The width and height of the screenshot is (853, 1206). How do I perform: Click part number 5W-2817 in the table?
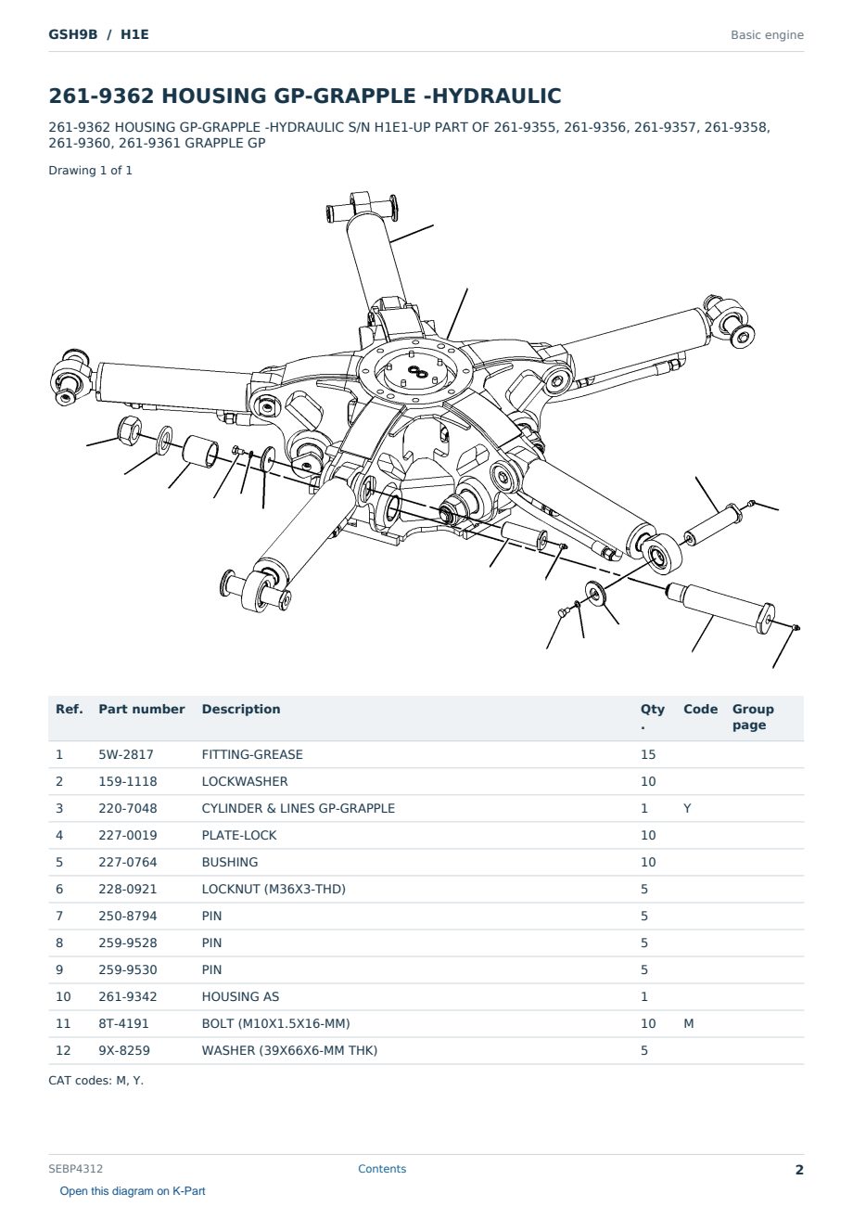(x=126, y=754)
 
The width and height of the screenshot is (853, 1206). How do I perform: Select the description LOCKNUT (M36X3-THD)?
(x=274, y=889)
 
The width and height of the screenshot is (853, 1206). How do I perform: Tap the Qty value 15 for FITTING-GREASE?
(x=648, y=754)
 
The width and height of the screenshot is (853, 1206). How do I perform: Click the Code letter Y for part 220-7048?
(x=687, y=808)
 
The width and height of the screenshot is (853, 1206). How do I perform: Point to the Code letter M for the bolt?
(x=688, y=1023)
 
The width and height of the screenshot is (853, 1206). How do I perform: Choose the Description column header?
(x=240, y=709)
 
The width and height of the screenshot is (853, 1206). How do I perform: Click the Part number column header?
(x=142, y=709)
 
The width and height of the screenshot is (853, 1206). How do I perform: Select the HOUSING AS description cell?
(x=240, y=996)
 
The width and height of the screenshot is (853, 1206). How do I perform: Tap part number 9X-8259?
(x=124, y=1050)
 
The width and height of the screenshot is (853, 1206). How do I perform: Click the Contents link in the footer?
(x=382, y=1169)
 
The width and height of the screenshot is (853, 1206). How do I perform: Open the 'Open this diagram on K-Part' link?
(x=133, y=1191)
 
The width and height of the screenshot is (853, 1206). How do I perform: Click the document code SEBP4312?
(x=75, y=1168)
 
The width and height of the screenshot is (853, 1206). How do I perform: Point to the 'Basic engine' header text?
(x=767, y=35)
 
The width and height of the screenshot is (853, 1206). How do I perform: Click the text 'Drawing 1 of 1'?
(x=91, y=171)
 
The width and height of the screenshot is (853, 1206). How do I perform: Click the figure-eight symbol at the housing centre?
(x=417, y=371)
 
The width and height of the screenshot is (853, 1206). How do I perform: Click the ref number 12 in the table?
(x=63, y=1050)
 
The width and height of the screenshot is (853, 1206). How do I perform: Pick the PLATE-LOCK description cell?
(x=239, y=835)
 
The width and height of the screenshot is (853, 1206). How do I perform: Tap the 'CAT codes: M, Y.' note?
(x=95, y=1081)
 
